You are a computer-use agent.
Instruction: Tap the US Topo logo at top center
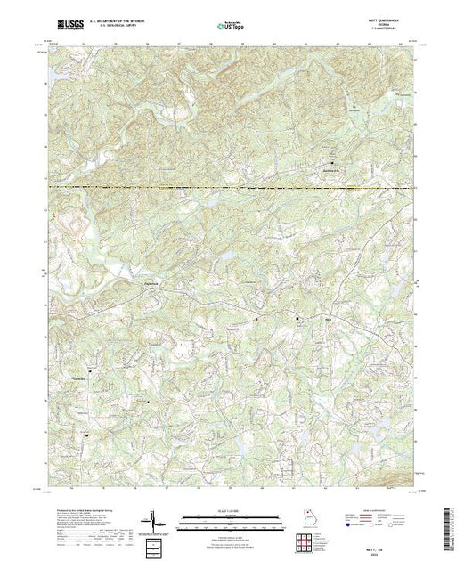(x=231, y=27)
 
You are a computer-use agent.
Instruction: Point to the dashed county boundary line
(x=232, y=187)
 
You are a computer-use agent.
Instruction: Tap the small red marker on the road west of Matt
(x=256, y=320)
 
